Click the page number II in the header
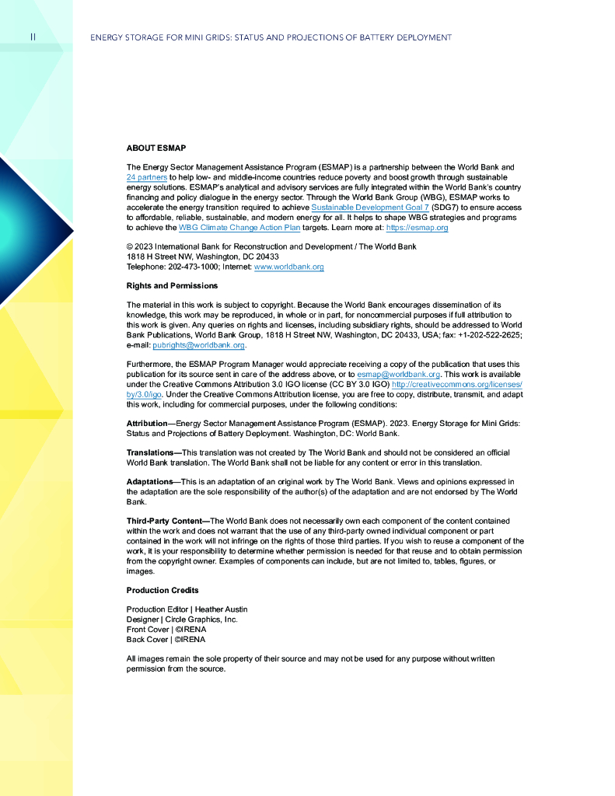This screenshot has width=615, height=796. point(32,37)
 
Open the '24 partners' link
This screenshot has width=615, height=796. point(146,177)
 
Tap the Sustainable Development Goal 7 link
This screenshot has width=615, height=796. point(369,208)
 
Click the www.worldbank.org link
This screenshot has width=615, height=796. point(288,267)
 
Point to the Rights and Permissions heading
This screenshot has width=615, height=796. point(171,286)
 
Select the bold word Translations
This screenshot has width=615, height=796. point(151,452)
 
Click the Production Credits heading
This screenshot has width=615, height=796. point(162,590)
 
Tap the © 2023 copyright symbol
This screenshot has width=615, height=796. point(129,246)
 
